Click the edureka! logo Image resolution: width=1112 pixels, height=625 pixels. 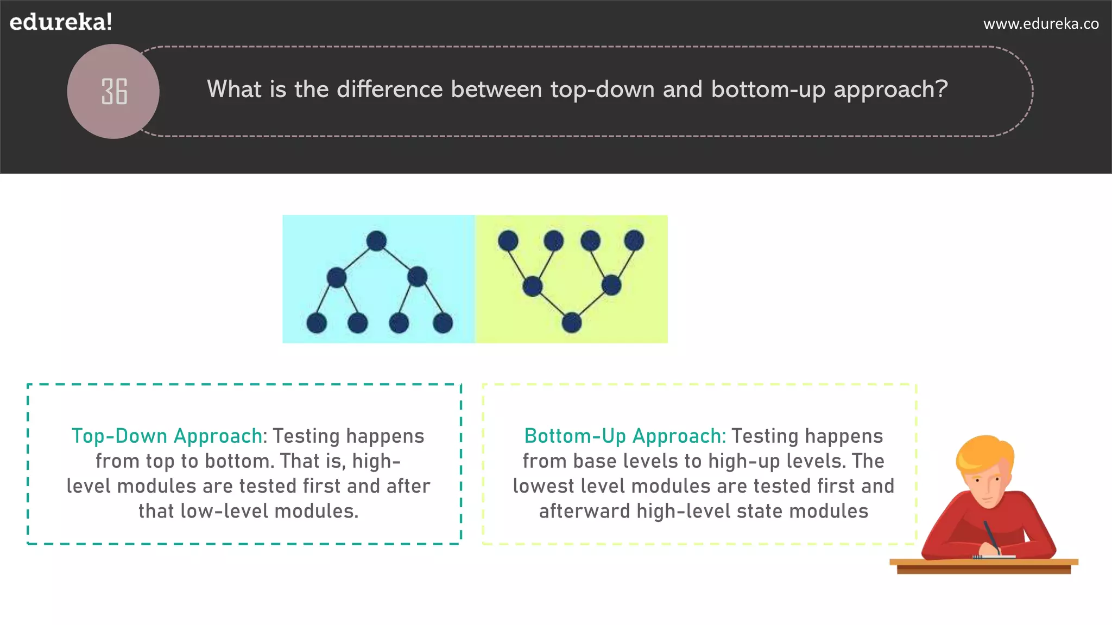coord(61,22)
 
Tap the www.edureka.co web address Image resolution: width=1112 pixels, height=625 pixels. coord(1041,24)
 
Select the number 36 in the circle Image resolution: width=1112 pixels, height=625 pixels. coord(114,91)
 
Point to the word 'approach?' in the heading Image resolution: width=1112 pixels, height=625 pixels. coord(890,90)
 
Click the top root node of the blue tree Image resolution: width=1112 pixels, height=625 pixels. coord(376,241)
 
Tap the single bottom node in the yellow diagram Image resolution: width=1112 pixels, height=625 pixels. coord(571,323)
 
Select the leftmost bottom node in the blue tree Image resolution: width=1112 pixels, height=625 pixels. coord(317,323)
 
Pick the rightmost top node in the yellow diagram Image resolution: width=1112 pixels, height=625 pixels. coord(634,240)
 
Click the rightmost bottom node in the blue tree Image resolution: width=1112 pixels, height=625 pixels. coord(443,323)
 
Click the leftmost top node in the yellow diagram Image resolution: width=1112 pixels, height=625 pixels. coord(508,240)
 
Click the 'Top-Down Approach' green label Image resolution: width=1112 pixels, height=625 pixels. coord(167,436)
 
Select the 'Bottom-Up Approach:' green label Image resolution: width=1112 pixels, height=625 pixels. coord(625,436)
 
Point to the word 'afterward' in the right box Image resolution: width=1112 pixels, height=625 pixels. coord(584,511)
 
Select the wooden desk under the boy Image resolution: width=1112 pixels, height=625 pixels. coord(983,565)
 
